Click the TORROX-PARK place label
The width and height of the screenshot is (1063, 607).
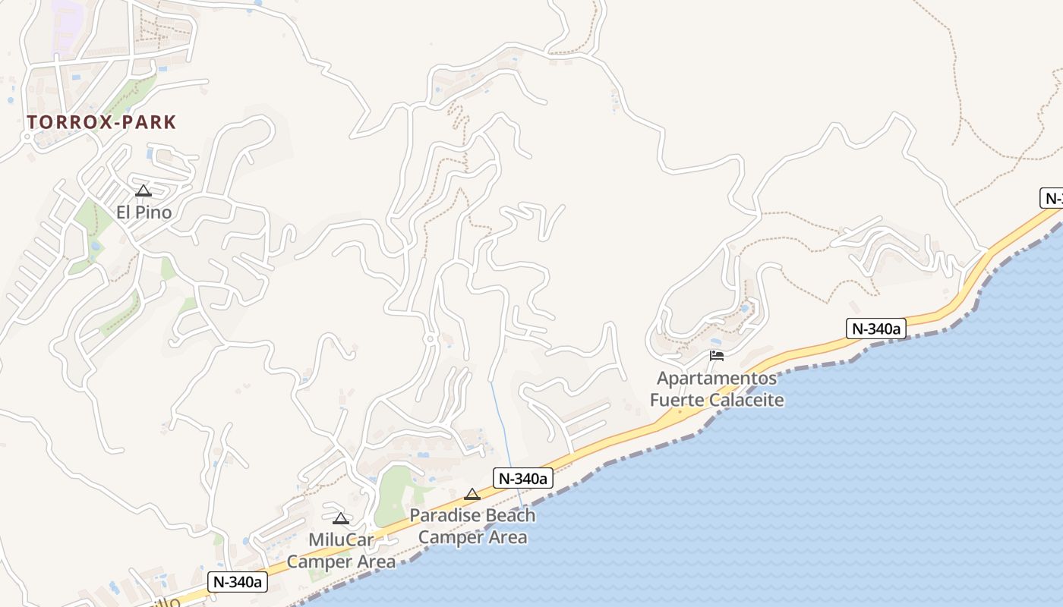point(101,122)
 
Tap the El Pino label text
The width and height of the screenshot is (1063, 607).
point(144,212)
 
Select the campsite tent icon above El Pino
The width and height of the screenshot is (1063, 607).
point(144,190)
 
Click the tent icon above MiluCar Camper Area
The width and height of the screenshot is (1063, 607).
point(341,518)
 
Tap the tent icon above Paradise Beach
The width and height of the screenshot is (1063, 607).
point(472,494)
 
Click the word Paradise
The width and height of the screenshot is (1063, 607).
point(446,516)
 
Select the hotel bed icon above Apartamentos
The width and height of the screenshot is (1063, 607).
point(717,355)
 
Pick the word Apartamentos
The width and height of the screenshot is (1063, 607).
point(717,378)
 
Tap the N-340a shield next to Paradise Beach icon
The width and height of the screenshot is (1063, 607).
point(522,478)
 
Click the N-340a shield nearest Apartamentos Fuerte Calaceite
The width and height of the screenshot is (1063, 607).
point(876,329)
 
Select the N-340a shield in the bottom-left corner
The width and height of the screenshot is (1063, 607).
point(238,582)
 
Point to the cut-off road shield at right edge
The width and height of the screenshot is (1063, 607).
point(1052,199)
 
